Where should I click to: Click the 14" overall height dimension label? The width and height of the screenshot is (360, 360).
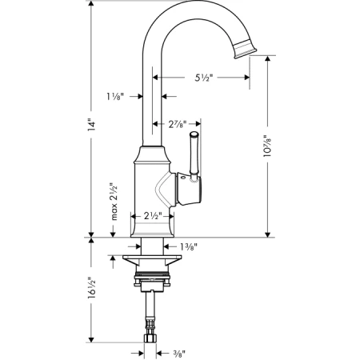point(92,124)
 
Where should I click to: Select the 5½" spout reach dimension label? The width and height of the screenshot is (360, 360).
point(204,78)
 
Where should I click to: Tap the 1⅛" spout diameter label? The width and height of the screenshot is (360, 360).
point(115,96)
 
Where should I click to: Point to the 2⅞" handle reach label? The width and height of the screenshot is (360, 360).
point(178,124)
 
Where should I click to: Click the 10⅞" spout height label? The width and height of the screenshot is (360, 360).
point(267,146)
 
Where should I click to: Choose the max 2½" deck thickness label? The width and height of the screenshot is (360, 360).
point(114,202)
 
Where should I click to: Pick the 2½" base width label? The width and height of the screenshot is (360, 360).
point(153,216)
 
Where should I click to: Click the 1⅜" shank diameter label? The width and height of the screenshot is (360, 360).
point(189,247)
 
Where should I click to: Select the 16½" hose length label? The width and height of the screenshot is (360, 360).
point(92,287)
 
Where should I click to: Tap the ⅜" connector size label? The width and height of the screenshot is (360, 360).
point(179,354)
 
